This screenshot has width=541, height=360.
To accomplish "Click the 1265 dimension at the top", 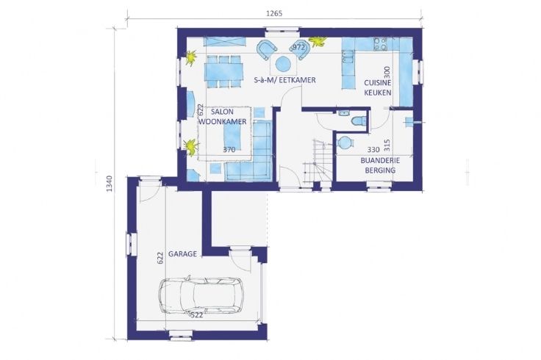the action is (x=274, y=13).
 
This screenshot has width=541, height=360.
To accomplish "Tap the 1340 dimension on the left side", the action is (x=109, y=184).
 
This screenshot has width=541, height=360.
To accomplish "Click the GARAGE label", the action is (x=182, y=254).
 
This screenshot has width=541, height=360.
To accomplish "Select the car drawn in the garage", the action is (x=201, y=295).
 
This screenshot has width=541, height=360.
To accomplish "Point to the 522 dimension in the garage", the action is (x=197, y=315).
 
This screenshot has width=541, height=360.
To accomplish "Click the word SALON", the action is (x=222, y=112).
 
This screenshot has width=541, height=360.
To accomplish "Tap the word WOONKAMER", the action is (x=223, y=121).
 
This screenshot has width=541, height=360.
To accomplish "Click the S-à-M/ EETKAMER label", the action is (x=284, y=80).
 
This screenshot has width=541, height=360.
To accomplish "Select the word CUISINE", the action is (x=378, y=83).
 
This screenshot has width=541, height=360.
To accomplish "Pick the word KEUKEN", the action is (x=378, y=93).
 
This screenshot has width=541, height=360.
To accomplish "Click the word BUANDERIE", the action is (x=380, y=160).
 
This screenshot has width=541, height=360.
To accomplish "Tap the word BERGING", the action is (x=380, y=170).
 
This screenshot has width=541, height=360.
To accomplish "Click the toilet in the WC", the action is (x=359, y=121).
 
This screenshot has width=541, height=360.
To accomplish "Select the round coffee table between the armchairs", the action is (x=283, y=63).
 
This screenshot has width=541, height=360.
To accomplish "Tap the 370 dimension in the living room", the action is (x=229, y=150).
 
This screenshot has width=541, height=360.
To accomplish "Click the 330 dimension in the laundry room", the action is (x=373, y=150).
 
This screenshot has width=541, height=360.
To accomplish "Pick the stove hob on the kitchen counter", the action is (x=381, y=44).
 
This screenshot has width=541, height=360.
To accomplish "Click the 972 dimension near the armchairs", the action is (x=298, y=47).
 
